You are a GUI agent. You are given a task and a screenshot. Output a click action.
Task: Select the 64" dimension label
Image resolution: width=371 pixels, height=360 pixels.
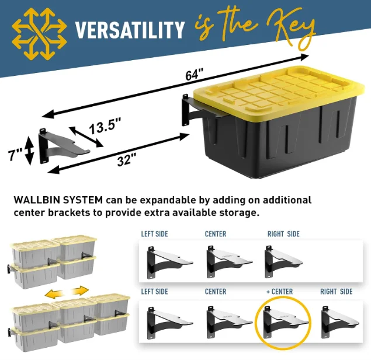pyautogui.click(x=195, y=75)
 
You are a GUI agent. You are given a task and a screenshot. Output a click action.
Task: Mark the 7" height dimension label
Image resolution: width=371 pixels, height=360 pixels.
pyautogui.click(x=16, y=155)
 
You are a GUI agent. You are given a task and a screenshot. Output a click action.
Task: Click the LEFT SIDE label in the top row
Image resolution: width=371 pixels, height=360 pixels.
pyautogui.click(x=154, y=234)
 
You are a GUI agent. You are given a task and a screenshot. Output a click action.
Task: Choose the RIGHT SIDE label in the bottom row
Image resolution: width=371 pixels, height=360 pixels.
pyautogui.click(x=336, y=291)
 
